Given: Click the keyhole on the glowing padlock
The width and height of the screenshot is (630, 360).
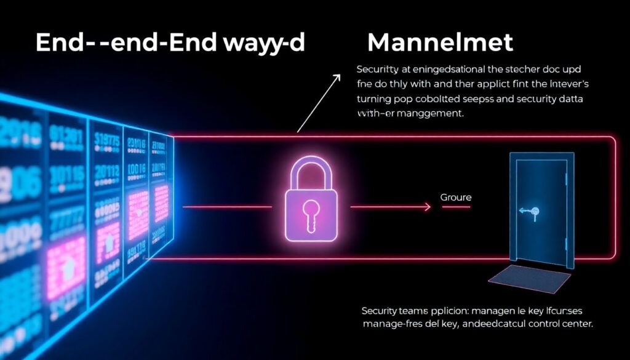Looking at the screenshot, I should coord(311,213).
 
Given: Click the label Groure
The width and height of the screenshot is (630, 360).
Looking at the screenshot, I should coord(456,198).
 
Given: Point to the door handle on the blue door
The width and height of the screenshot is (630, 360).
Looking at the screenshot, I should coord(534,212).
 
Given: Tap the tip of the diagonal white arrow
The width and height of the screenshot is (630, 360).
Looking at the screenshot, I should coord(339,76).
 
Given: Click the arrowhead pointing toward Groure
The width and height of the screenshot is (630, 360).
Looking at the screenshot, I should coord(428,207).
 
